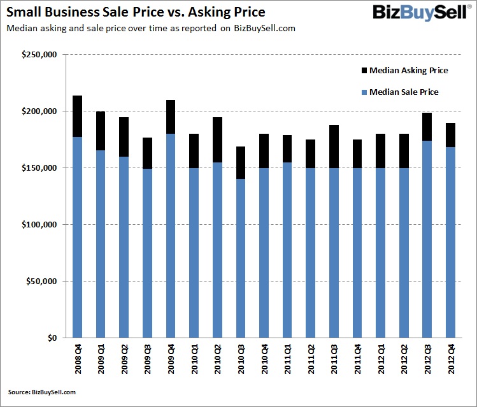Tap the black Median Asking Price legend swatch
pos(364,70)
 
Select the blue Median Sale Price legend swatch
pos(364,92)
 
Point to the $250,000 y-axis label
pos(39,55)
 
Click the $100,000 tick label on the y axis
pos(39,225)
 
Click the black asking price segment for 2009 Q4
pos(171,117)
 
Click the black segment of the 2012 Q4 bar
pos(451,135)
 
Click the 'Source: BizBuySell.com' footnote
pos(42,392)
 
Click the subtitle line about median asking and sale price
pos(150,29)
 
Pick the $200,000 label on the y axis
pos(39,111)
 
